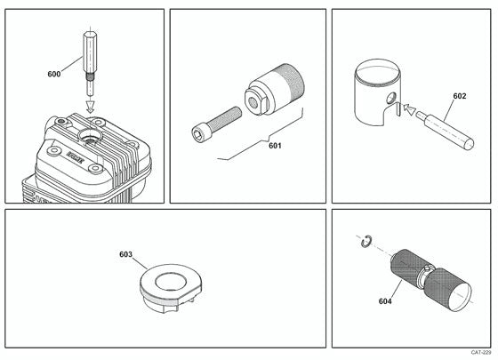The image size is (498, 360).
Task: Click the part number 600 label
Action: tap(53, 75)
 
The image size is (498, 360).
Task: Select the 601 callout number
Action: tap(275, 145)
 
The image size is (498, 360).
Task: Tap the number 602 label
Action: tap(459, 96)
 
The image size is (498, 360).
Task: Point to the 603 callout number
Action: tap(125, 254)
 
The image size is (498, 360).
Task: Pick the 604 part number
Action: tap(385, 301)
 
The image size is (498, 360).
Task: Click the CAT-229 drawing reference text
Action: tap(479, 353)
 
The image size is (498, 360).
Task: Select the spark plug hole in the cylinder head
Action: tap(92, 136)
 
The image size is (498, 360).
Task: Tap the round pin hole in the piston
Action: tap(389, 96)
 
